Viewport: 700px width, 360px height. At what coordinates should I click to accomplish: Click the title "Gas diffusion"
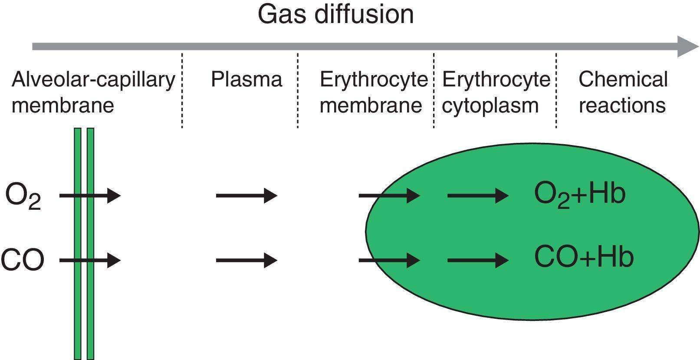(x=335, y=14)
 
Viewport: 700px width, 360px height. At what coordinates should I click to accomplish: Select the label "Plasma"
(x=246, y=79)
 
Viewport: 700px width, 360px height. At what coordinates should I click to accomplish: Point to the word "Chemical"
(x=623, y=79)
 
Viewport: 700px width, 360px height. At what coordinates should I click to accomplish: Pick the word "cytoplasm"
(x=490, y=106)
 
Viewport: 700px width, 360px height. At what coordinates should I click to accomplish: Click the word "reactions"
(x=622, y=106)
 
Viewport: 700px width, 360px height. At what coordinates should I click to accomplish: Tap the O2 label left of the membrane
(x=23, y=196)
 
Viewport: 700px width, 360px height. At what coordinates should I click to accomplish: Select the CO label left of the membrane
(x=23, y=260)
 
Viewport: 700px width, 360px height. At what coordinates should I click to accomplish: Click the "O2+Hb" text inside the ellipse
(x=580, y=194)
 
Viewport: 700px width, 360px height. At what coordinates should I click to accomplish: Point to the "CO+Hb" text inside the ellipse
(x=584, y=257)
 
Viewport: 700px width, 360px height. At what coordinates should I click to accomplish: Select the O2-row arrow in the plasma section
(x=246, y=196)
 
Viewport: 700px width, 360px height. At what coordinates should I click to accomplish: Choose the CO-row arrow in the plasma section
(x=246, y=260)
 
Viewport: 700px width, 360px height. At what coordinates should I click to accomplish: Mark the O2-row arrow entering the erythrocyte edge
(x=389, y=196)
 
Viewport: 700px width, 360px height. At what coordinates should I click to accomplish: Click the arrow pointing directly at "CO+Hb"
(x=477, y=260)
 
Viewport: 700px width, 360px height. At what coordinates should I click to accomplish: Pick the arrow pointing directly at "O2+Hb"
(x=477, y=196)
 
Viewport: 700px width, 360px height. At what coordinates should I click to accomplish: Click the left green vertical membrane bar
(x=78, y=304)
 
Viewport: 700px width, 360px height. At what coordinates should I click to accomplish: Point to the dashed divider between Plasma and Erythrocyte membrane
(x=298, y=91)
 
